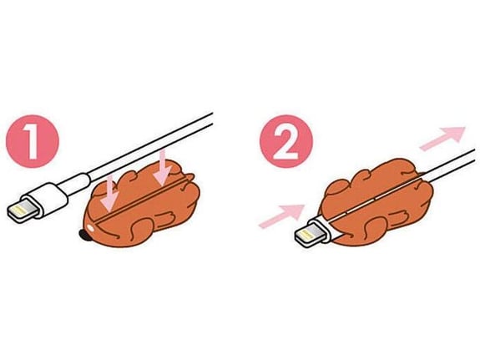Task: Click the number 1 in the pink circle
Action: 31,141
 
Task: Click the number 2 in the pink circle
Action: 285,142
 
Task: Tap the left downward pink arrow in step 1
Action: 110,193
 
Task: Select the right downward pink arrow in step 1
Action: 162,168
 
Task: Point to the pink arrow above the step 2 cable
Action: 442,138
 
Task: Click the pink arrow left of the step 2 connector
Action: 281,216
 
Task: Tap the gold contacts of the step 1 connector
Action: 20,210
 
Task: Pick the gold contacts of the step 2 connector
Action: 308,235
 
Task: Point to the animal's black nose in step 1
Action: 83,235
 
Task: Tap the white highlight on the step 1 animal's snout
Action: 91,227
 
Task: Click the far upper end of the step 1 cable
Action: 212,119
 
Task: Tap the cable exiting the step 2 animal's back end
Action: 450,165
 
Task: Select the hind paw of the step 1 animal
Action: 167,215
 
